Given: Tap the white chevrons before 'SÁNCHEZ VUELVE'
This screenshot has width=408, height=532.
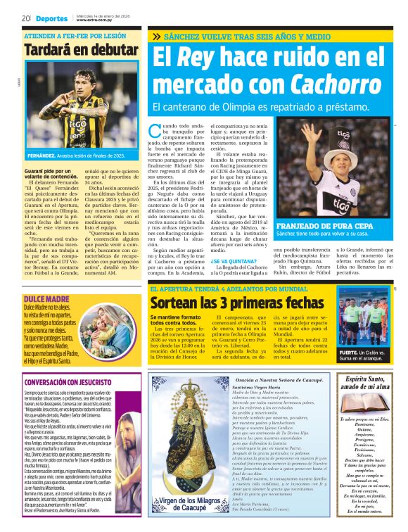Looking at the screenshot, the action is point(156,36).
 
